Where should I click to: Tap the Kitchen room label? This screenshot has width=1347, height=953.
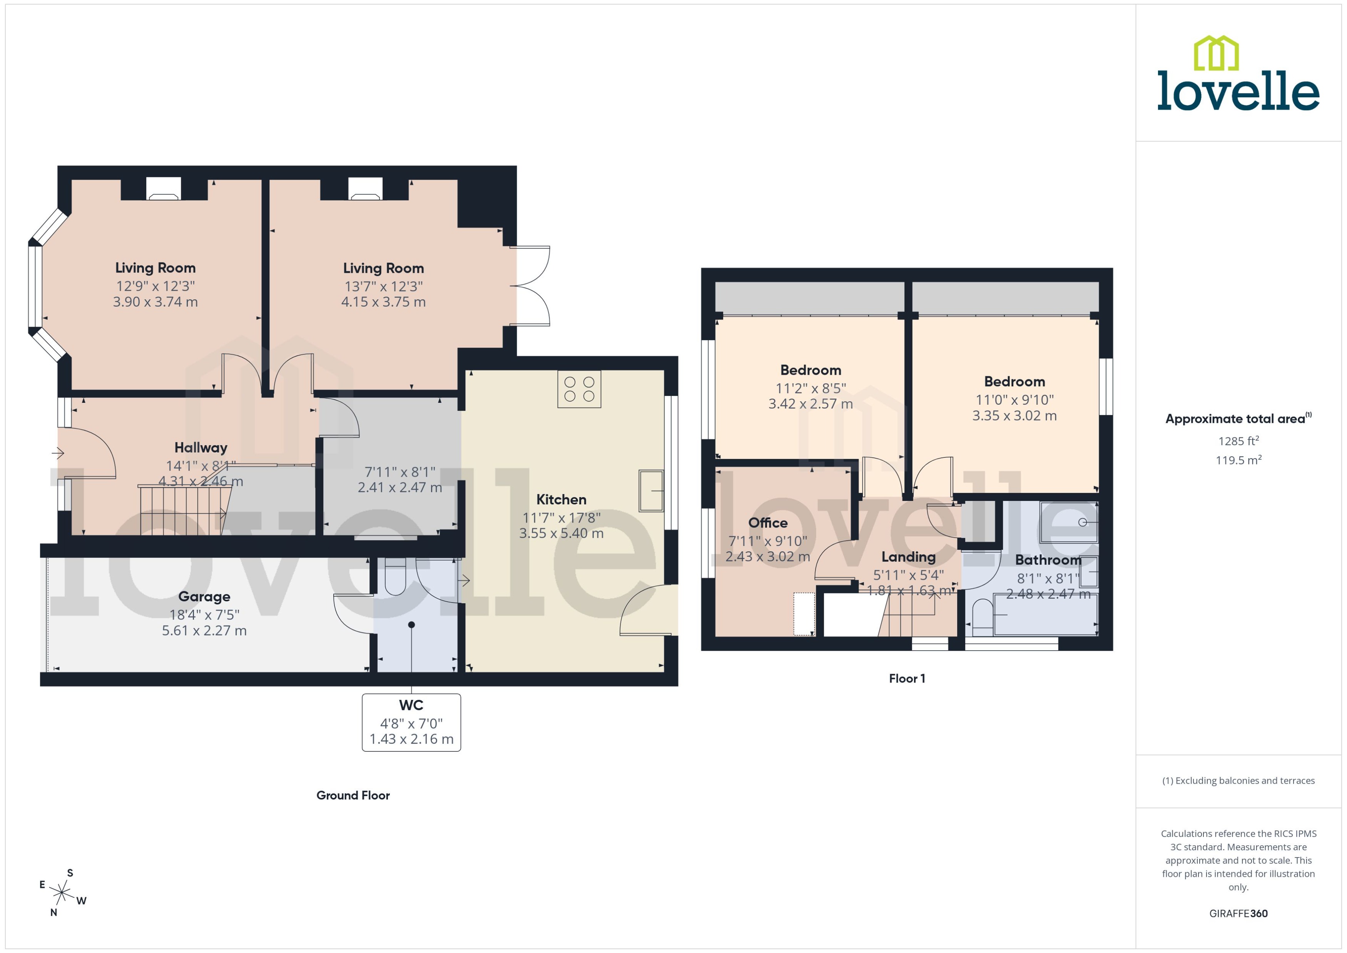561,499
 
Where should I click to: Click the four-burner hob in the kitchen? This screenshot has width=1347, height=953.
579,389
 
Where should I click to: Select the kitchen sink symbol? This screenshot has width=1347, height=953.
651,491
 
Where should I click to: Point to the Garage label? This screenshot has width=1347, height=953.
204,596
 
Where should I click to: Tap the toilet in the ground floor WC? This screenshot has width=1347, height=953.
395,578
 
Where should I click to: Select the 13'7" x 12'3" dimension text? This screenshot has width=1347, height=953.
383,286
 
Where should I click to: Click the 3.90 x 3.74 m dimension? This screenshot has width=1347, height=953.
155,302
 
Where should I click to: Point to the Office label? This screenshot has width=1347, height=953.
768,522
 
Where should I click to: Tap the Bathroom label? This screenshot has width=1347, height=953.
1048,559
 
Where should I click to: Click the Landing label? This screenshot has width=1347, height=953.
908,557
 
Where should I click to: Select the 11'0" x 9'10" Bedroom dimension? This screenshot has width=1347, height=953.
1014,400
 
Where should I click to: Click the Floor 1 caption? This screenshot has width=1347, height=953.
907,678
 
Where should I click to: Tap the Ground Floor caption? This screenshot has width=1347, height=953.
353,795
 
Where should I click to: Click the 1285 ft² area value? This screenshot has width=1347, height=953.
1238,441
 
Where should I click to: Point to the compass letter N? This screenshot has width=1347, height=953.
53,913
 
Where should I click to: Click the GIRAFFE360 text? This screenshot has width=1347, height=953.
1238,914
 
